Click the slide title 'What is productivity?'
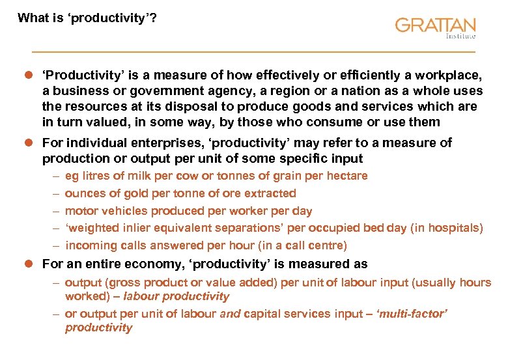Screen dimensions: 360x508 [87, 18]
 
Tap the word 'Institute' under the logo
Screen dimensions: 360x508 [460, 36]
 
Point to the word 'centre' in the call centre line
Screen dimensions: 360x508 [328, 245]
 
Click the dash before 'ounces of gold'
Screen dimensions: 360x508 [57, 193]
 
